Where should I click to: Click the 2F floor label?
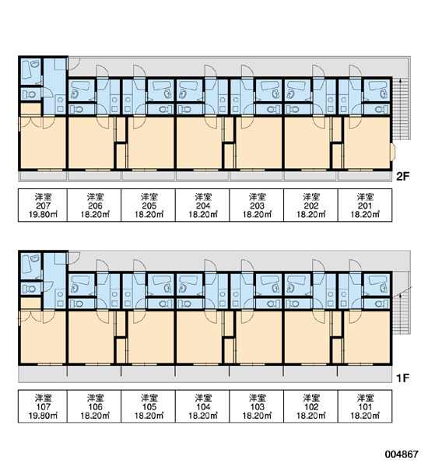[402, 177]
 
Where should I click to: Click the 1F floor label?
[402, 378]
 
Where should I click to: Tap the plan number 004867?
[402, 454]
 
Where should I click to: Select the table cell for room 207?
[43, 205]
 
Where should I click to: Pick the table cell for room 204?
[202, 205]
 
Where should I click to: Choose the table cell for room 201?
[365, 205]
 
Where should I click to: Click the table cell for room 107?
[43, 406]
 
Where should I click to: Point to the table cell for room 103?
[257, 406]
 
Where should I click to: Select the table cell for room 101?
[365, 406]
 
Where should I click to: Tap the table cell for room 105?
[149, 406]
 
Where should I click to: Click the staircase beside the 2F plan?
[402, 108]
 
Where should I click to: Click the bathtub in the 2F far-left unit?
[26, 70]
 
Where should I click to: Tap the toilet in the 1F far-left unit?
[29, 289]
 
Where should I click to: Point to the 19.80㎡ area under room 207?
[43, 215]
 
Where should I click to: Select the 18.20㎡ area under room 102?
[311, 416]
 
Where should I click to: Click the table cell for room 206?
[94, 205]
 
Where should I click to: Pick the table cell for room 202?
[311, 205]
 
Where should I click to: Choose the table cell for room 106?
[94, 406]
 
